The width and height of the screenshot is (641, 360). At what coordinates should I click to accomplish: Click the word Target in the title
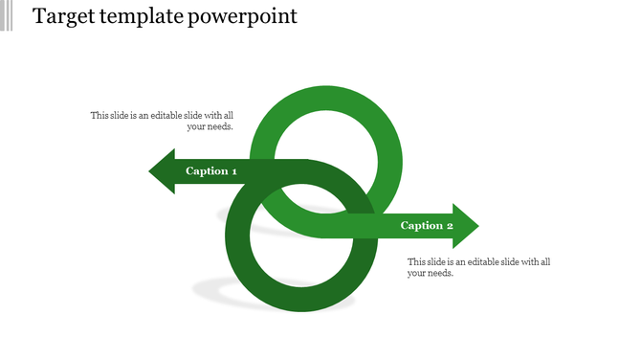click(60, 17)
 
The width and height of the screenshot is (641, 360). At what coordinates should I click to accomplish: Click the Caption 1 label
click(210, 171)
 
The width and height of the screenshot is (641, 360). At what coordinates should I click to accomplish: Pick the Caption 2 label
click(426, 226)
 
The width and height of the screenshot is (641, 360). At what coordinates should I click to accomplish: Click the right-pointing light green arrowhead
click(465, 226)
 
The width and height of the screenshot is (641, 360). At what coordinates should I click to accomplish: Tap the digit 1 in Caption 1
click(233, 171)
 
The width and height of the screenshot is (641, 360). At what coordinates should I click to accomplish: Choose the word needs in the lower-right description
click(441, 274)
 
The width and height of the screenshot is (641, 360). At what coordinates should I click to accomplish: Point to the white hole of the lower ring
click(300, 243)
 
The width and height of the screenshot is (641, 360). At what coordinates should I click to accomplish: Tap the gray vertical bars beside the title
click(7, 16)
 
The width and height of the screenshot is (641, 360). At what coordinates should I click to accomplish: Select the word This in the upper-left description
click(100, 116)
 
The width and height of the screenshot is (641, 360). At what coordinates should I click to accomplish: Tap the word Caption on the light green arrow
click(420, 226)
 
